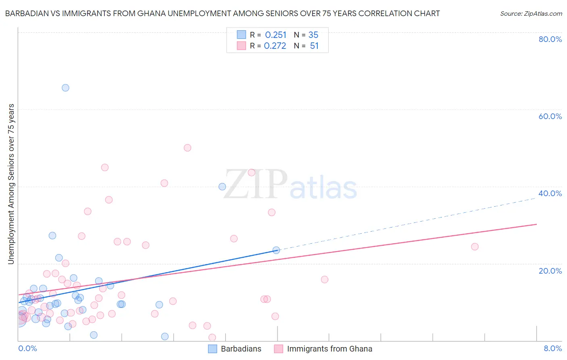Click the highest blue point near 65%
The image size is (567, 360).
[x=65, y=88]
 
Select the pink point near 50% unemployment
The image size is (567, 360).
[x=187, y=148]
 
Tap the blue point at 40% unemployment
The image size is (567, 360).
[x=222, y=186]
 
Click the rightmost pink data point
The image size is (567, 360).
[x=475, y=247]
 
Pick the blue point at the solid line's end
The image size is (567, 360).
[x=276, y=250]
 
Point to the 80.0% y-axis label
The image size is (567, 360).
[x=550, y=39]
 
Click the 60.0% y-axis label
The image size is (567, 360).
[x=550, y=116]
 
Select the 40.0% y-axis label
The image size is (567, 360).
[x=550, y=193]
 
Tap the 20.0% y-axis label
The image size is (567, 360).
[x=550, y=271]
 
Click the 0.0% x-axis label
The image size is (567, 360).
[x=27, y=349]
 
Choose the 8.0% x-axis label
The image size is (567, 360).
[x=552, y=349]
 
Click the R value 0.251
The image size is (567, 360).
[x=275, y=35]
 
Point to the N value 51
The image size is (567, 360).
[x=314, y=46]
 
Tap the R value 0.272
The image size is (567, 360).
[x=275, y=46]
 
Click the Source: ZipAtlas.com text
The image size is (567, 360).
[x=531, y=14]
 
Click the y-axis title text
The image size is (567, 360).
[x=11, y=184]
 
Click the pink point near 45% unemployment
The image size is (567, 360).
[x=105, y=167]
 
